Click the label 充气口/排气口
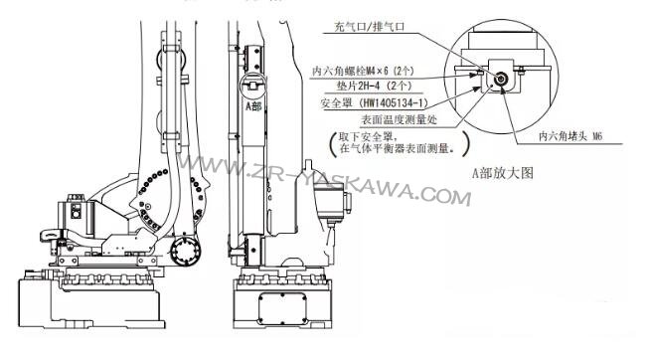point(369,27)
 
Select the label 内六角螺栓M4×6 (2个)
point(363,71)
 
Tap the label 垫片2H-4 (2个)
point(374,87)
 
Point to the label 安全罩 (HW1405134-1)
point(374,102)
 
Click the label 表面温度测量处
point(399,120)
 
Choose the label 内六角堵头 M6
point(570,136)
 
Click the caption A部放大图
point(503,173)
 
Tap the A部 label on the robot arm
point(253,106)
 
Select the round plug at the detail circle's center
point(501,79)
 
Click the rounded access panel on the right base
point(282,309)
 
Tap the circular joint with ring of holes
point(185,251)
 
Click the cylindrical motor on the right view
point(329,204)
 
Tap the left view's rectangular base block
point(90,303)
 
